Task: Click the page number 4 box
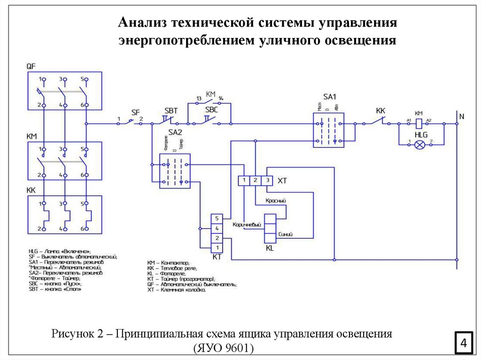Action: click(x=464, y=342)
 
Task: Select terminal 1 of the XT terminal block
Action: click(x=244, y=180)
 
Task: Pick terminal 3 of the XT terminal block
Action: click(x=266, y=180)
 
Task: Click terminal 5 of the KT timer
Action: click(x=217, y=218)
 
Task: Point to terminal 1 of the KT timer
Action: click(x=217, y=247)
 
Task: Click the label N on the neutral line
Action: click(x=461, y=116)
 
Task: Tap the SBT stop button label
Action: click(x=171, y=111)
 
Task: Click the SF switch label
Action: click(x=135, y=112)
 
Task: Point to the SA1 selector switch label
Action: click(x=329, y=97)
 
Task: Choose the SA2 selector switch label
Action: click(x=175, y=133)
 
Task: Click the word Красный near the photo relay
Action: click(x=276, y=200)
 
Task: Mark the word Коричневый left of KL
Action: click(x=247, y=225)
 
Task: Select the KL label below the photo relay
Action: click(x=270, y=247)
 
